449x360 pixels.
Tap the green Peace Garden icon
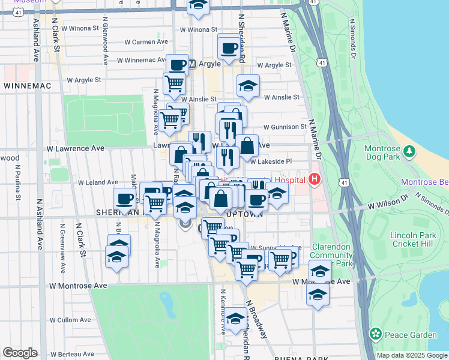pos(376,333)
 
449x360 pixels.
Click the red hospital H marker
pos(313,179)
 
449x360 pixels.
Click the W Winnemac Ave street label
pos(144,61)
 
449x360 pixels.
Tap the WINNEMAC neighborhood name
pos(27,86)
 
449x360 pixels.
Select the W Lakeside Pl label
pos(271,161)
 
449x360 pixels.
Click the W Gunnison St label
pos(286,127)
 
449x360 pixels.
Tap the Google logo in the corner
pos(20,353)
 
